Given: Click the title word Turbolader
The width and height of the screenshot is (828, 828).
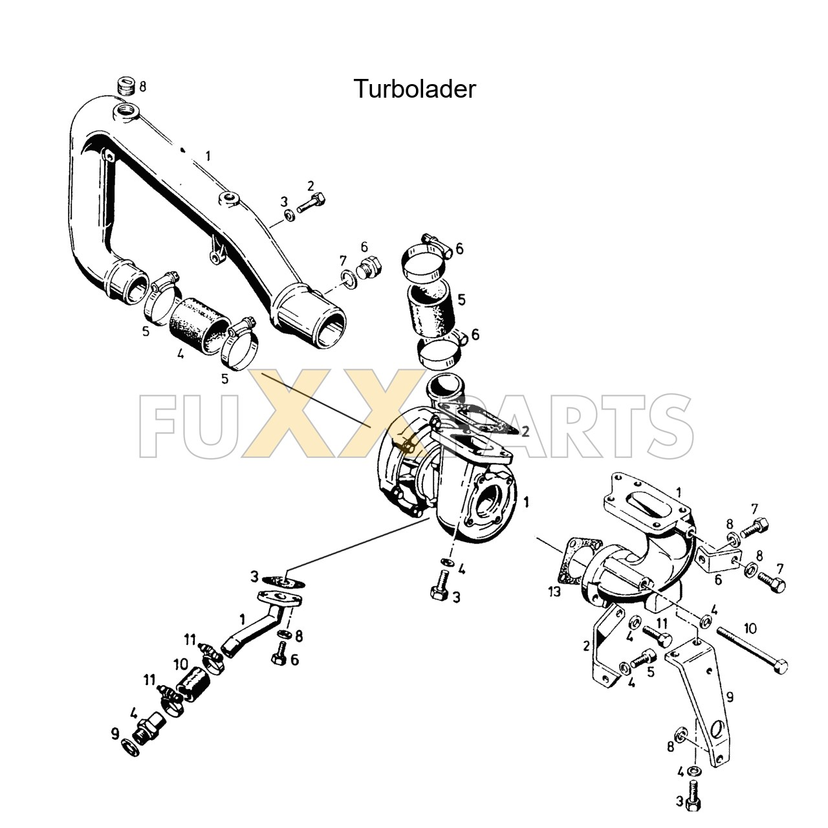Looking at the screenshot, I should tap(414, 89).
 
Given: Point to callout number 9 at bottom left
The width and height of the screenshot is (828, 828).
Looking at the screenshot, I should tap(115, 734).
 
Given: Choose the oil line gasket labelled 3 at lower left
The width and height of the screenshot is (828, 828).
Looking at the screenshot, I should tap(284, 581).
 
